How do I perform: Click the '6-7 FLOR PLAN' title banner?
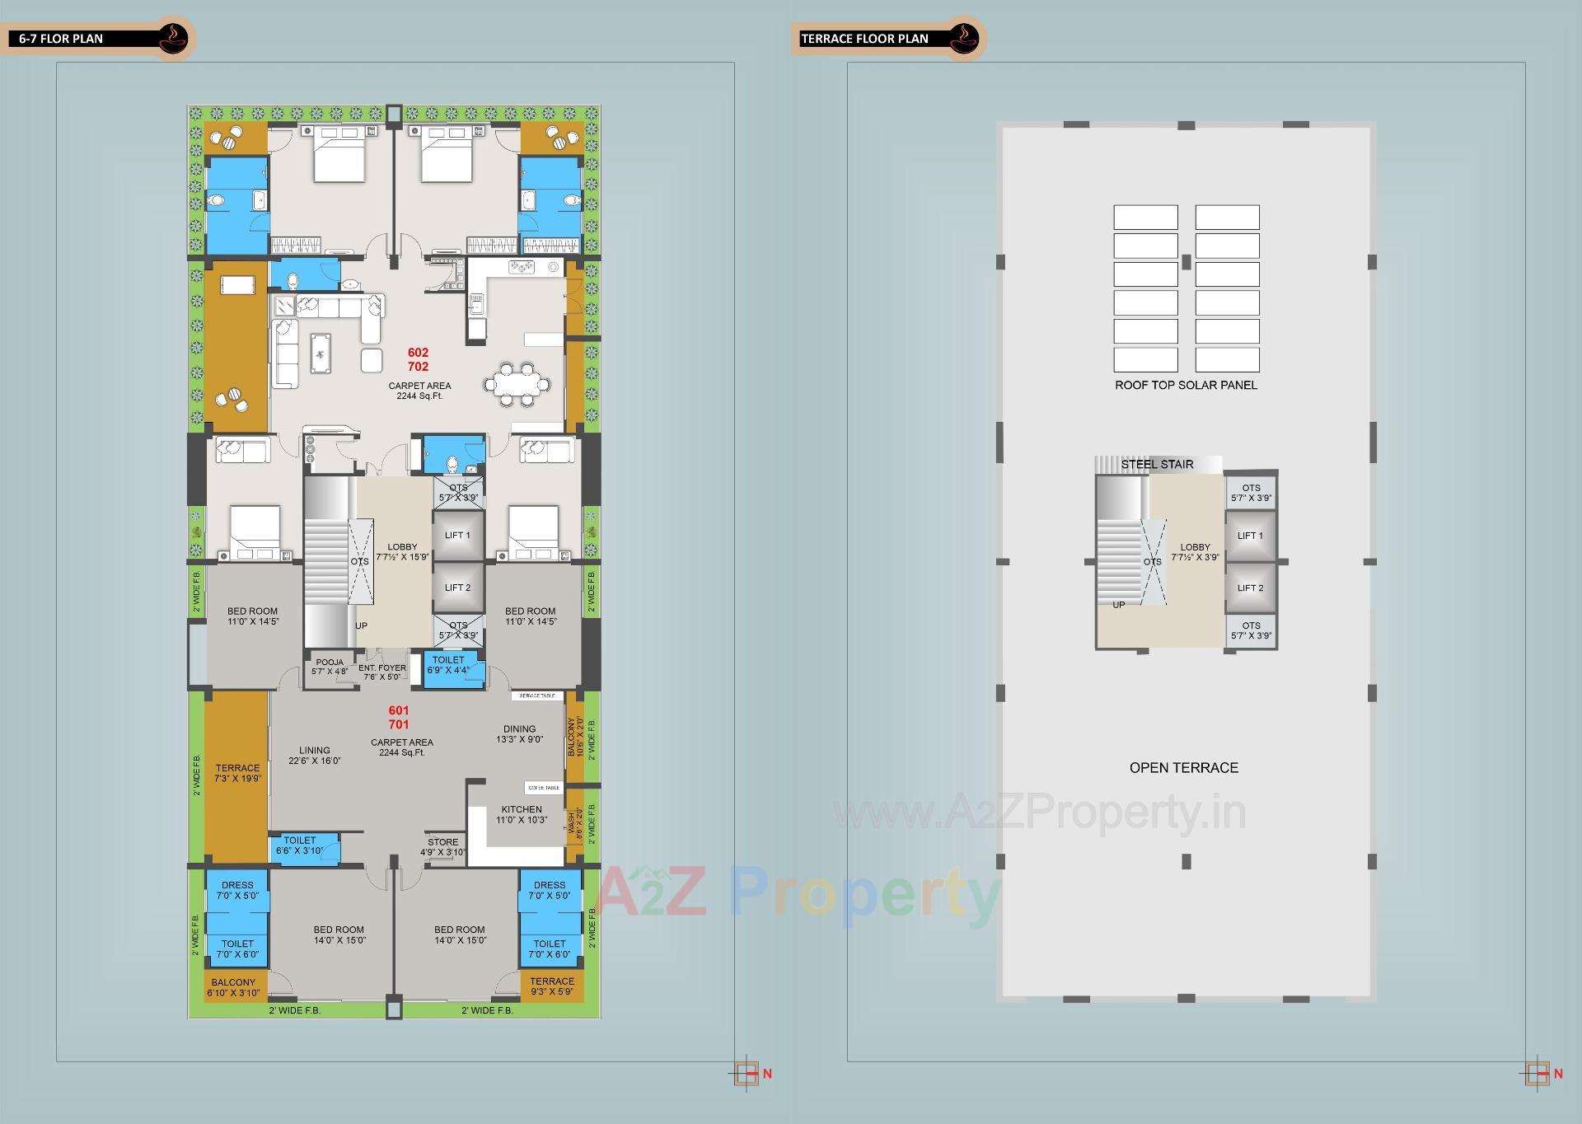pos(62,39)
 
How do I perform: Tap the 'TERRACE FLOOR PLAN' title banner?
pos(864,39)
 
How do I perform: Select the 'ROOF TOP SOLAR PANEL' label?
pos(1186,385)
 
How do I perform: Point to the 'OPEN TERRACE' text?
pos(1183,767)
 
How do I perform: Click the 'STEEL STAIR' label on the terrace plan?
pos(1157,465)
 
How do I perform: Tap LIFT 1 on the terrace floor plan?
pos(1250,536)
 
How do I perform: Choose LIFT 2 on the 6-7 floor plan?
pos(457,588)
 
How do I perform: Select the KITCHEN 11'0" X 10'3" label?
pos(521,814)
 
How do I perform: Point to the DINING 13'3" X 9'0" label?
pos(519,734)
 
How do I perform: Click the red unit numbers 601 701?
pos(399,717)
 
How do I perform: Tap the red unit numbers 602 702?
pos(418,359)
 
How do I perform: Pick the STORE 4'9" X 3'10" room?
pos(442,847)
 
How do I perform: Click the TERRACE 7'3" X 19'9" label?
pos(237,773)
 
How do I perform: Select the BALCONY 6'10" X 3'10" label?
pos(233,987)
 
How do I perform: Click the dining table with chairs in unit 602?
pos(517,383)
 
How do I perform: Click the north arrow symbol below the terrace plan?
pos(1537,1073)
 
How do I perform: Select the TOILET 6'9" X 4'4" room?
pos(448,665)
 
